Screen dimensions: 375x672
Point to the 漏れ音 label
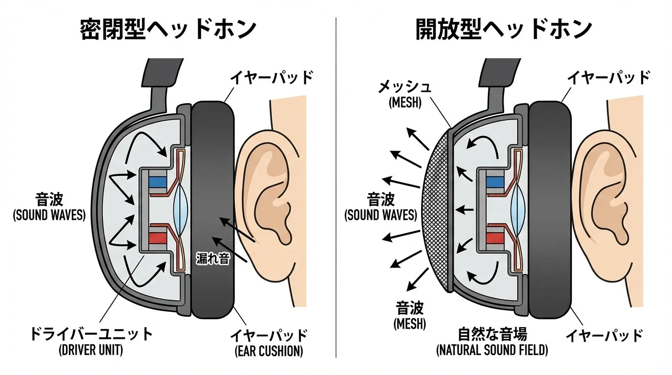pos(212,258)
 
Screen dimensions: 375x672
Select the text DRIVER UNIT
pos(90,350)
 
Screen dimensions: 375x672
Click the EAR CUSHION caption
pos(269,351)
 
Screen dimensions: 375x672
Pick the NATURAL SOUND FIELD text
pos(492,350)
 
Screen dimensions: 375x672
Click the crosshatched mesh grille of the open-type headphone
pos(435,210)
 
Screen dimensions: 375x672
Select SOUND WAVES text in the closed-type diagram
pos(49,215)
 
